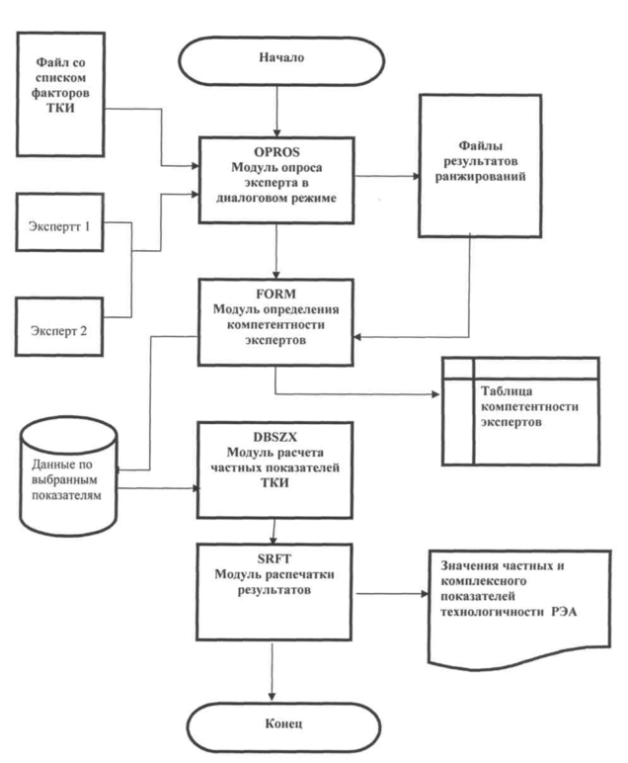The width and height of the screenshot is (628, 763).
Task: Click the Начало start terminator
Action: pos(280,57)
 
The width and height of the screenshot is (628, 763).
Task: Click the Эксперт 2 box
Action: pos(61,331)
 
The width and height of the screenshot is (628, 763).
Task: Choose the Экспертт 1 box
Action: pos(61,225)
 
